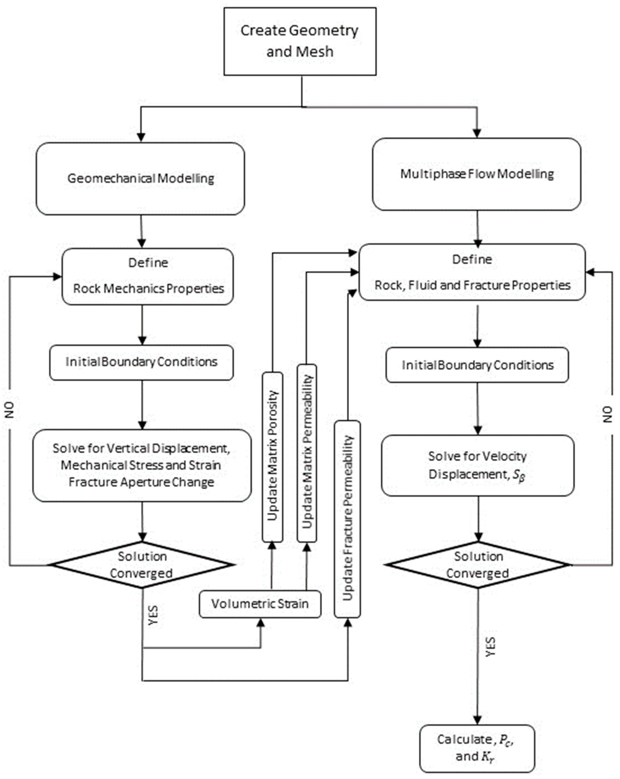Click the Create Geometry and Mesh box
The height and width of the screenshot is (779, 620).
tap(300, 42)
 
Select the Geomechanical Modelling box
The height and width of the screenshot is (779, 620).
tap(140, 179)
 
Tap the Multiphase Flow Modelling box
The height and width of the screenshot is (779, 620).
tap(477, 174)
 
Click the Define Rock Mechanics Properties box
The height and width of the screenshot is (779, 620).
tap(148, 276)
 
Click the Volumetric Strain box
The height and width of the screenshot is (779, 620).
tap(260, 604)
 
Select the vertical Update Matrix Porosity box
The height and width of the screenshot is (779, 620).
tap(272, 457)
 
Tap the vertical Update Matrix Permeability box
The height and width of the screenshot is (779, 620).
tap(307, 453)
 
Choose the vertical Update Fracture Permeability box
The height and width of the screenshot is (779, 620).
tap(347, 519)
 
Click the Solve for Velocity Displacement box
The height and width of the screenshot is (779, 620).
tap(477, 465)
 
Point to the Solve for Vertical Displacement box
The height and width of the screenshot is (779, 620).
tap(142, 465)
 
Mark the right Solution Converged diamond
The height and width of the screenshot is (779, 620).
tap(478, 565)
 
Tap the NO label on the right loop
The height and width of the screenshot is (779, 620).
tap(608, 414)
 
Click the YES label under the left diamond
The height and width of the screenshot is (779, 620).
tap(153, 615)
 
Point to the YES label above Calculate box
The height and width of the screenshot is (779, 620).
tap(490, 647)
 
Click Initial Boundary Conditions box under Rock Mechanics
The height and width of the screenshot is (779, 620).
tap(142, 362)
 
